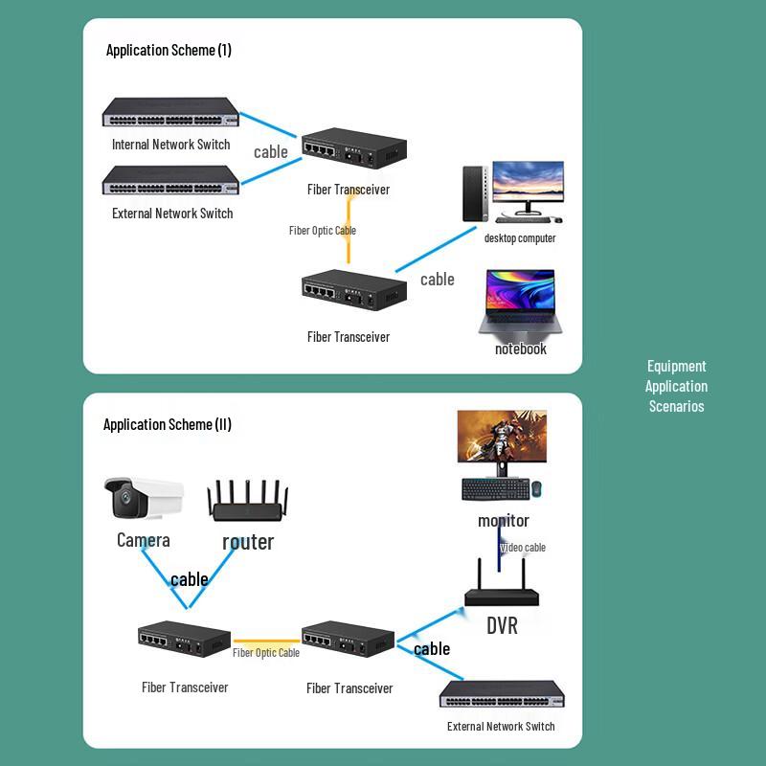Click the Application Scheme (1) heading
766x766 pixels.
click(169, 50)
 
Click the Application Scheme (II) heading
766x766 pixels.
click(168, 424)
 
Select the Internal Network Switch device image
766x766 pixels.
click(170, 115)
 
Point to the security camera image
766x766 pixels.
click(143, 499)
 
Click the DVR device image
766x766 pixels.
click(502, 591)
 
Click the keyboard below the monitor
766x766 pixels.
click(494, 488)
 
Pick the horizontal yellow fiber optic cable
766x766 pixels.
click(266, 641)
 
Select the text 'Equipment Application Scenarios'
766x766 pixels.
click(676, 386)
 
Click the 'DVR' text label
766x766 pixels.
click(502, 626)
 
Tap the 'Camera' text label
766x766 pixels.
click(143, 540)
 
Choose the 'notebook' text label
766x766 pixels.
click(521, 349)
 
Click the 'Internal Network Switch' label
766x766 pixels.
click(170, 145)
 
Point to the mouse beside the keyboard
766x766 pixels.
click(537, 488)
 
